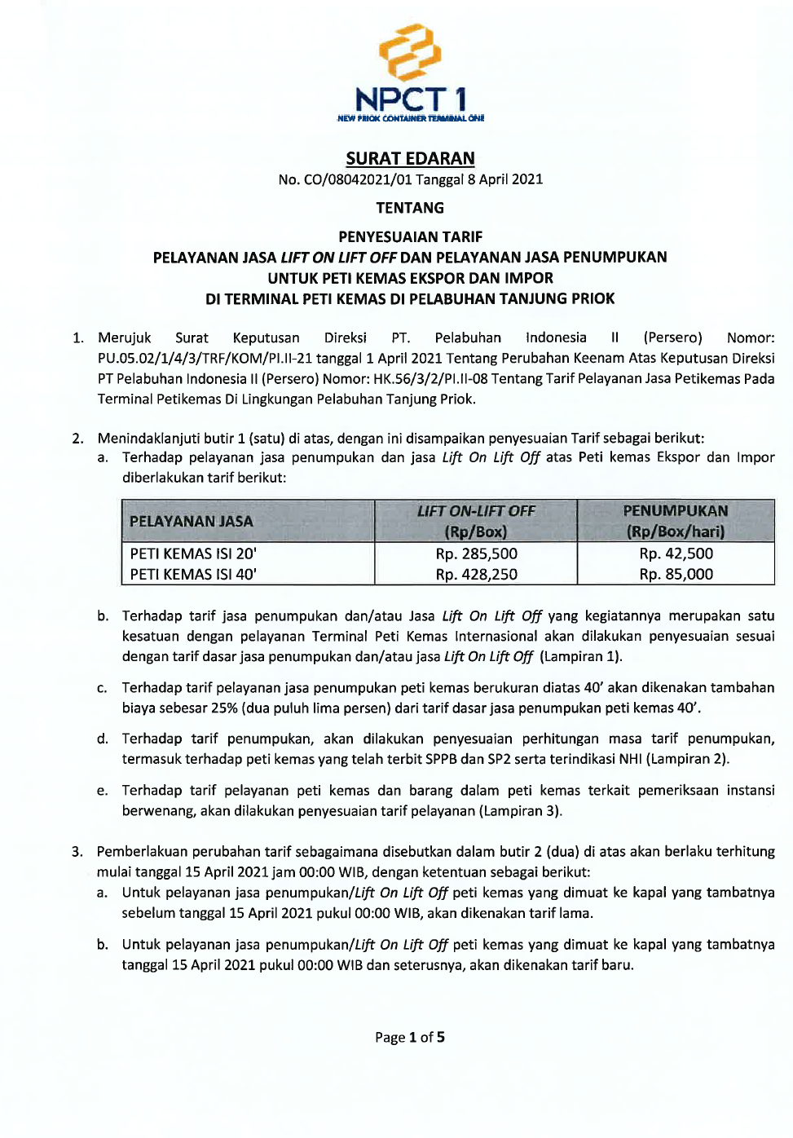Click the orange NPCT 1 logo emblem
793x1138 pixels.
click(x=410, y=53)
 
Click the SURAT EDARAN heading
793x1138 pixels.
click(x=410, y=158)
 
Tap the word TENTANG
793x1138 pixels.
click(x=410, y=208)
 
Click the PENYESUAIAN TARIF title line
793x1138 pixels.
click(x=410, y=237)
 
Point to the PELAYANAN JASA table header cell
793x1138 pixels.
click(x=192, y=522)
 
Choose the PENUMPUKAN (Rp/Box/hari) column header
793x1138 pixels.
click(x=676, y=521)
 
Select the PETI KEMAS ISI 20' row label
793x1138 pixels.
click(x=193, y=554)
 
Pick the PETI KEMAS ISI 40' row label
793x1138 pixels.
click(x=193, y=575)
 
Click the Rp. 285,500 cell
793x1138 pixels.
click(x=476, y=554)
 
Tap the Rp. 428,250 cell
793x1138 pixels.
click(x=476, y=575)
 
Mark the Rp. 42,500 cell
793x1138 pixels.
click(x=676, y=554)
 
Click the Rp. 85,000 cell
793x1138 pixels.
click(x=676, y=575)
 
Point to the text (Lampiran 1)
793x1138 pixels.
click(x=581, y=657)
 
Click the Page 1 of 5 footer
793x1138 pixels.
click(x=410, y=1038)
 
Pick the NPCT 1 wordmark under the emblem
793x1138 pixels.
click(x=411, y=100)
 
